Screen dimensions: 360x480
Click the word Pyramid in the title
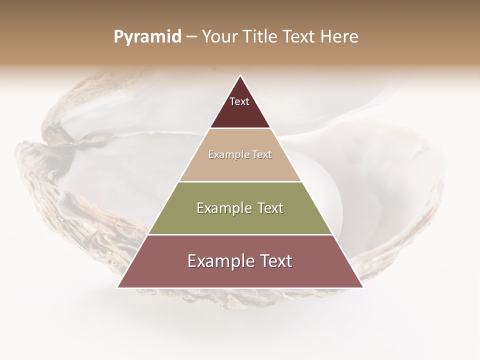(x=147, y=37)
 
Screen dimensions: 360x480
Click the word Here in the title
(x=339, y=37)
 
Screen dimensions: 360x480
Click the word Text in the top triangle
(x=239, y=102)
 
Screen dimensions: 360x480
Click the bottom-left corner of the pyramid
(x=118, y=287)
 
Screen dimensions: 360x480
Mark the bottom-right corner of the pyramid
(x=362, y=287)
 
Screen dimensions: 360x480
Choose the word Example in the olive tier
(x=223, y=208)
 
